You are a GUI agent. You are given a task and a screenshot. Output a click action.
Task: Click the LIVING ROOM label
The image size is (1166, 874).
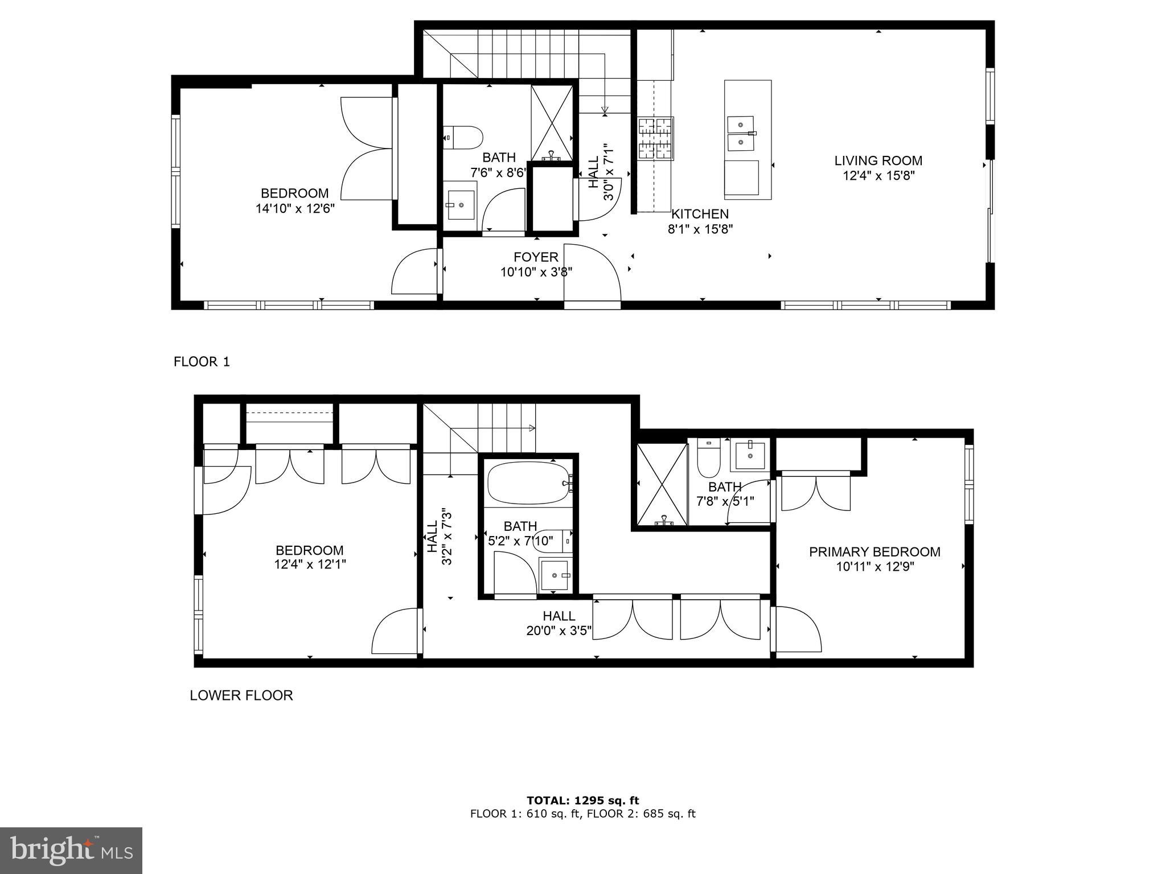point(878,161)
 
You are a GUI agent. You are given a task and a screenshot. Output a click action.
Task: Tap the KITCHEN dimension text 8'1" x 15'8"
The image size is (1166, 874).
point(700,229)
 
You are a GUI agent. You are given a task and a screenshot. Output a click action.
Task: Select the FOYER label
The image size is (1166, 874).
point(536,257)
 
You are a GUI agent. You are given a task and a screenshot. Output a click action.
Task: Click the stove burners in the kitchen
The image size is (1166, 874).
point(655,138)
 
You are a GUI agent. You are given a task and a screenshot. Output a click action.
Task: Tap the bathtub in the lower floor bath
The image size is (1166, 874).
point(528,483)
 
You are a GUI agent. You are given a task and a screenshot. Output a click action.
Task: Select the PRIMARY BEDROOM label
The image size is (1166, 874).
point(874,551)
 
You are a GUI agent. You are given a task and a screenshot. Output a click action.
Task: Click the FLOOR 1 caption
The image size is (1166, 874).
point(202,362)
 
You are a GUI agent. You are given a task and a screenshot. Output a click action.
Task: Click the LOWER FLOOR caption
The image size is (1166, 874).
point(241,695)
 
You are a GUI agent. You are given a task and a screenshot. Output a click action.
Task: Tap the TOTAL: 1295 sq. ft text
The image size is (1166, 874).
point(582,801)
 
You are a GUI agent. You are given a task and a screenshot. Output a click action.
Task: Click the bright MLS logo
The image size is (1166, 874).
point(71,850)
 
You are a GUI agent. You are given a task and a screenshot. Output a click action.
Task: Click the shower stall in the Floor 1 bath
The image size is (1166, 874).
point(552,122)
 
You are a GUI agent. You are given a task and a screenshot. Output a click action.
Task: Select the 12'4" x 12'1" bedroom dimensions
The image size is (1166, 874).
point(310,564)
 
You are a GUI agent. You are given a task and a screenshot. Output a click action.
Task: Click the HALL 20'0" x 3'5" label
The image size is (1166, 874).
point(559,623)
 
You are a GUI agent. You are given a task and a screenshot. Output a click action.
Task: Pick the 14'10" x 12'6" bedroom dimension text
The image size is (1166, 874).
point(294,208)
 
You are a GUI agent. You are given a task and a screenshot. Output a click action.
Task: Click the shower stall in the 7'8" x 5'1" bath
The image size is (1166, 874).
point(662,484)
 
